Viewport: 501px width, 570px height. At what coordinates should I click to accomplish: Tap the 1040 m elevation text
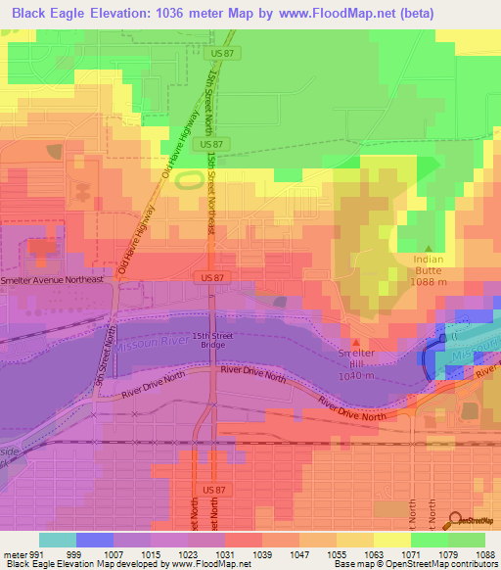click(x=356, y=375)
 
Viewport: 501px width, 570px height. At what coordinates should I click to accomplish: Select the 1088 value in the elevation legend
click(x=485, y=554)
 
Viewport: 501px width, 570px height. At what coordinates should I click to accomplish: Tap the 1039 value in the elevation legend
click(x=262, y=554)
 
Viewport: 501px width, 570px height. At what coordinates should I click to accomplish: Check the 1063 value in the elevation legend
click(x=374, y=554)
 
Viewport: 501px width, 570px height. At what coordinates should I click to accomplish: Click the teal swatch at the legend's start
click(x=58, y=540)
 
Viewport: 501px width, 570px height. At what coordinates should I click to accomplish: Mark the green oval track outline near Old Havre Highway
click(x=193, y=178)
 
